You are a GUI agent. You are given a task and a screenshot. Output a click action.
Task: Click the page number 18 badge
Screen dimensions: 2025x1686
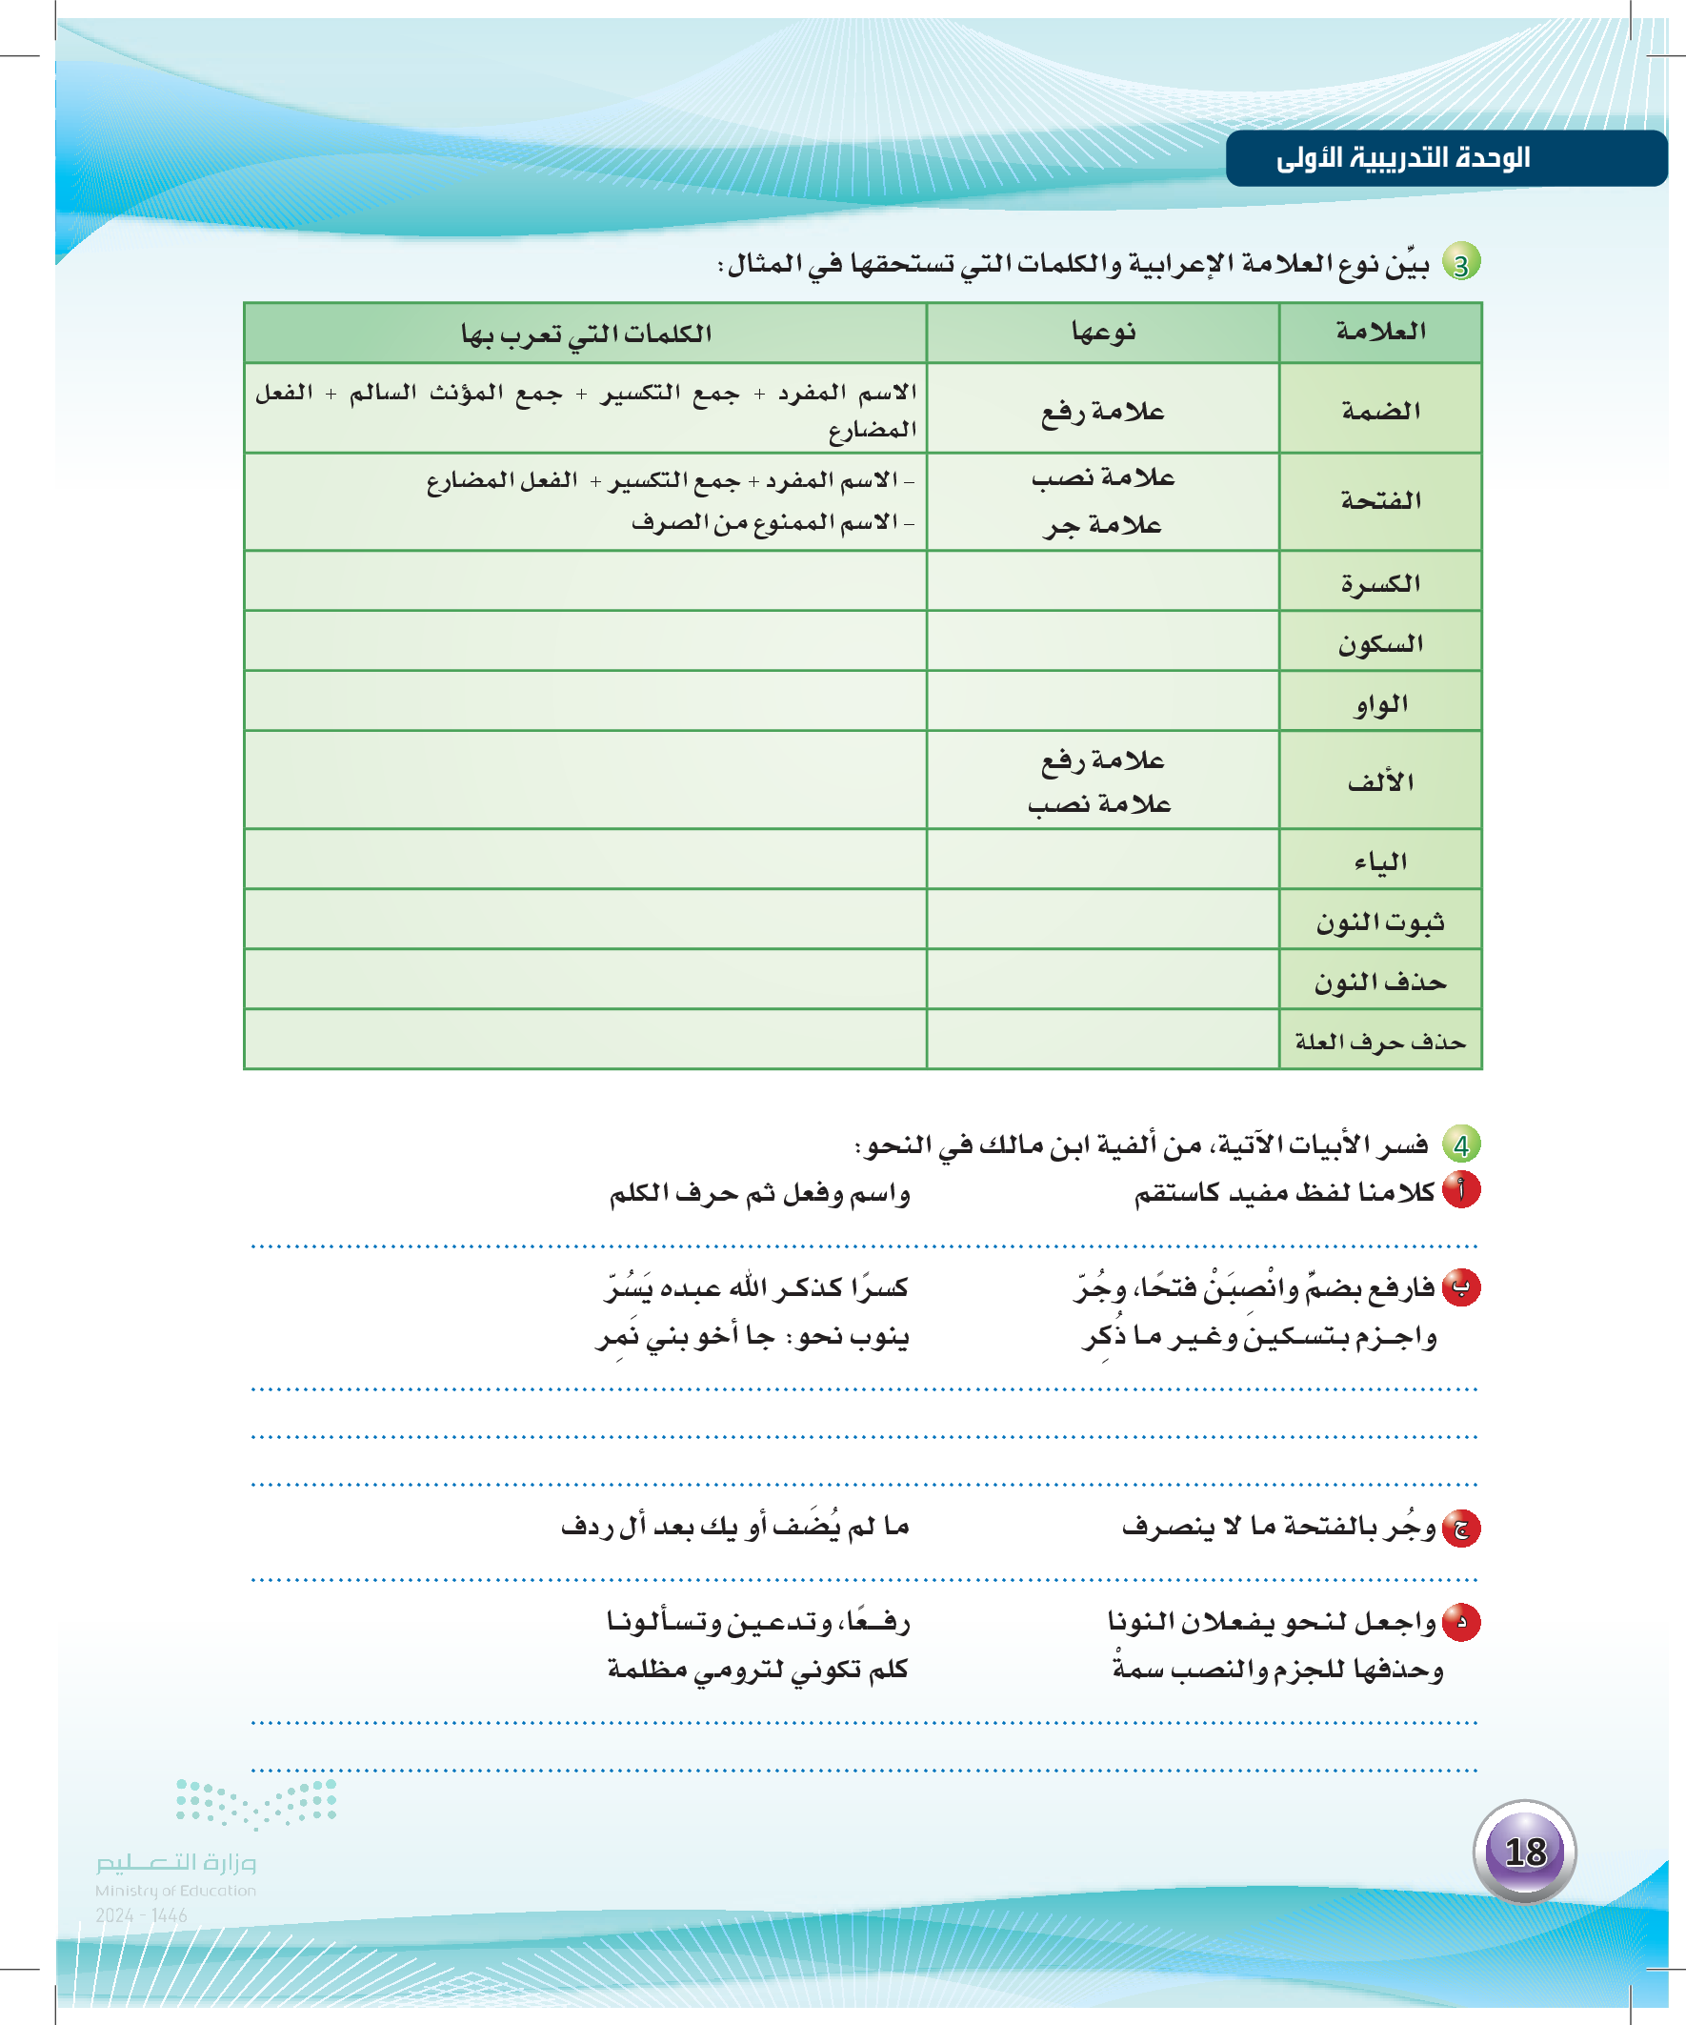pyautogui.click(x=1524, y=1852)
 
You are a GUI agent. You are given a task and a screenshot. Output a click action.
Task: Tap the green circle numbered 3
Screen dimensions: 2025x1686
pyautogui.click(x=1461, y=263)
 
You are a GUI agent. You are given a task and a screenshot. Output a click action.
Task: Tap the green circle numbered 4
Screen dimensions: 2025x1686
pyautogui.click(x=1461, y=1144)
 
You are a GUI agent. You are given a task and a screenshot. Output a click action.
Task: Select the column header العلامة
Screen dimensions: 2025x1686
pyautogui.click(x=1380, y=333)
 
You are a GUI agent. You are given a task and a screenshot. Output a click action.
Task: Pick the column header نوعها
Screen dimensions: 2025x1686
pyautogui.click(x=1103, y=333)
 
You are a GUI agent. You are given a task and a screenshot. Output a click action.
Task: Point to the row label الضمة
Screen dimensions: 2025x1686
pyautogui.click(x=1380, y=411)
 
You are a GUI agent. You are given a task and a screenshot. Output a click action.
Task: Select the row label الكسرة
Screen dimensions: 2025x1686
pyautogui.click(x=1380, y=582)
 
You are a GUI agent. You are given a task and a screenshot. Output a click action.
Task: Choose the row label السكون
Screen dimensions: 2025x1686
pyautogui.click(x=1380, y=643)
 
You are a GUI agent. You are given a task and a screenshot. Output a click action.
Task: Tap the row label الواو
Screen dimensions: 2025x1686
pyautogui.click(x=1380, y=703)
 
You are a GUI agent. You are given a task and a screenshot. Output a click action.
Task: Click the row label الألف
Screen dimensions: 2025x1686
pyautogui.click(x=1380, y=781)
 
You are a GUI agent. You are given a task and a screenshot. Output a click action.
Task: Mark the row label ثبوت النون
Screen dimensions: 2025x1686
pyautogui.click(x=1380, y=921)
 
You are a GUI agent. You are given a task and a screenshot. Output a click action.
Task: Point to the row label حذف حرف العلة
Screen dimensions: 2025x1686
pyautogui.click(x=1380, y=1042)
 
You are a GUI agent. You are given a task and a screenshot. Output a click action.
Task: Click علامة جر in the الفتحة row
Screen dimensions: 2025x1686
pyautogui.click(x=1103, y=525)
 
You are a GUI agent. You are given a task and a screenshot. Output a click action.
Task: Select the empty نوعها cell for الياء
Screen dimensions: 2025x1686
pyautogui.click(x=1103, y=860)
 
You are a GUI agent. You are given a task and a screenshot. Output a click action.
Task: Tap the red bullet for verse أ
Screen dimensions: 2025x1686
pyautogui.click(x=1461, y=1190)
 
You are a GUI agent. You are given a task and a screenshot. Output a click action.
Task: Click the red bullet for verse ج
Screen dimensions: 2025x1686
pyautogui.click(x=1461, y=1528)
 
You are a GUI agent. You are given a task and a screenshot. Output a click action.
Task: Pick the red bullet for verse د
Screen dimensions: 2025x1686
pyautogui.click(x=1461, y=1622)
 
